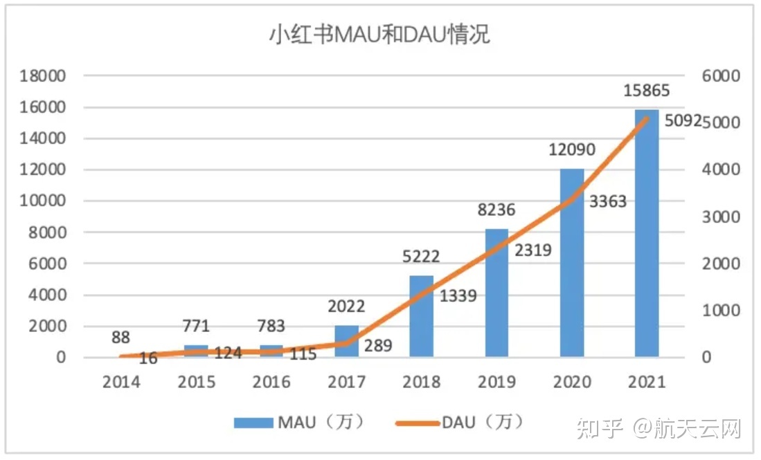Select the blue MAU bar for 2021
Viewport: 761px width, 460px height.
[x=646, y=235]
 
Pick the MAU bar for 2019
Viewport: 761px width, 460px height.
[x=496, y=294]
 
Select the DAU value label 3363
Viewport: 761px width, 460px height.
[x=607, y=202]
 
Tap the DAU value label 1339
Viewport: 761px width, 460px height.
[x=458, y=296]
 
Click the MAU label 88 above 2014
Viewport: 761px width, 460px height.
[x=120, y=338]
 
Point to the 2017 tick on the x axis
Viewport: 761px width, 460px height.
[x=346, y=382]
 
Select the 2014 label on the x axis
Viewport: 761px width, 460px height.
[x=121, y=382]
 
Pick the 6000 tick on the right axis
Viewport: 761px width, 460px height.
[x=721, y=76]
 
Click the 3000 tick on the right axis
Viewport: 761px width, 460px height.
[x=721, y=217]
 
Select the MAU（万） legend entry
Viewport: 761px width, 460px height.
[x=298, y=422]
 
